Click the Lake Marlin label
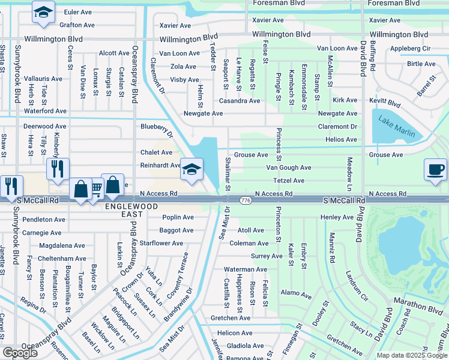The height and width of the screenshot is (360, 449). tap(397, 126)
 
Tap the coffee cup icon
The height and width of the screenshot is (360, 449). tap(435, 170)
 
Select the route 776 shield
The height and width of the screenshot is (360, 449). tap(245, 200)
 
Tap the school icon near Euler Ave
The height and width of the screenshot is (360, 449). tap(44, 13)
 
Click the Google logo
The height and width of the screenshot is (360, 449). tap(20, 353)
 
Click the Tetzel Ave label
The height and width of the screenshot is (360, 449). tap(289, 181)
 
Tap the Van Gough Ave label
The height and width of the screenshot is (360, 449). tap(289, 168)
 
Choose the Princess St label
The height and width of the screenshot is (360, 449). tap(279, 145)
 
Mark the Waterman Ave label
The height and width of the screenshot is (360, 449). tap(246, 269)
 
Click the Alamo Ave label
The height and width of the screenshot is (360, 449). tap(297, 295)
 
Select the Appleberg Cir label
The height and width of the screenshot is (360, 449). tap(411, 48)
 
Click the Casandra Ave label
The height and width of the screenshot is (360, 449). tap(239, 101)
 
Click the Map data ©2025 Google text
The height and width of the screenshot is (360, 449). tap(411, 355)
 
